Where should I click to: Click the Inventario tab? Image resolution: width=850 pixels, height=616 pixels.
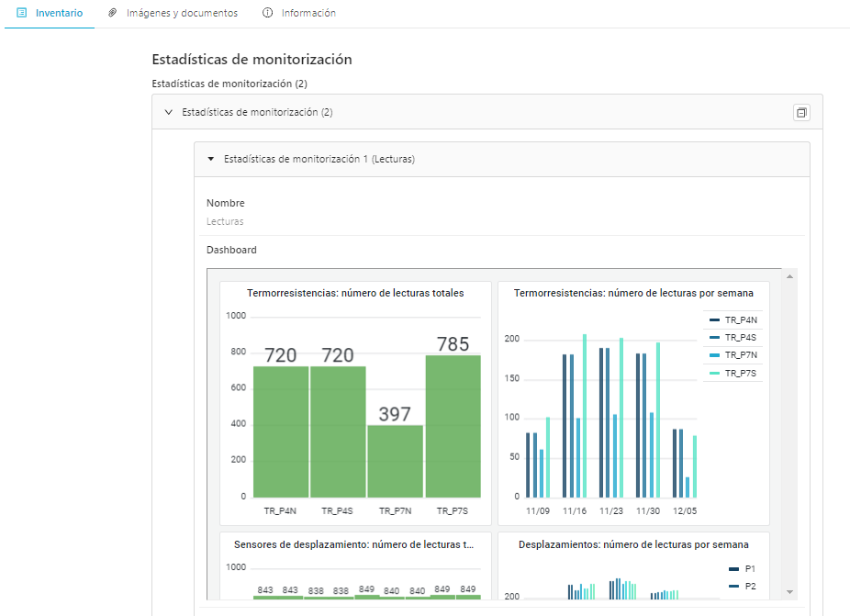click(x=50, y=13)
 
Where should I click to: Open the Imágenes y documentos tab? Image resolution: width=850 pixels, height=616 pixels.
click(x=173, y=13)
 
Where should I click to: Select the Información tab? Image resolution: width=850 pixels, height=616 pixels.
click(x=299, y=13)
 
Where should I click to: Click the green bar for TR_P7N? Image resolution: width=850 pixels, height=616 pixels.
click(x=396, y=461)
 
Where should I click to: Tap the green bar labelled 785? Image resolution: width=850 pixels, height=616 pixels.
click(x=453, y=426)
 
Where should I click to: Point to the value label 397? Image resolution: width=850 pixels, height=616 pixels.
click(x=395, y=414)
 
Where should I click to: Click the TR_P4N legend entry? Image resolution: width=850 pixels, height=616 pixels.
click(x=733, y=319)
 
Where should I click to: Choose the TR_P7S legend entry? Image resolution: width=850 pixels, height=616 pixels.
click(x=733, y=373)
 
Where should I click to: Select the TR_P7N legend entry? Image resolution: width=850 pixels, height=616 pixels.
click(x=733, y=355)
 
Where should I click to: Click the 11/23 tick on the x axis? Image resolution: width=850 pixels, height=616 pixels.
click(x=611, y=510)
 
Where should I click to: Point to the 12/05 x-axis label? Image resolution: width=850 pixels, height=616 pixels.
click(x=685, y=510)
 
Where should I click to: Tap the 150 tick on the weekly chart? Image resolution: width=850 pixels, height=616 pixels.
click(x=511, y=378)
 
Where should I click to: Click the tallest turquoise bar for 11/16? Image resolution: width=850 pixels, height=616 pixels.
click(x=585, y=416)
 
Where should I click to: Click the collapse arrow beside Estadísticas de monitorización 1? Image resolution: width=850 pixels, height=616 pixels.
click(x=211, y=159)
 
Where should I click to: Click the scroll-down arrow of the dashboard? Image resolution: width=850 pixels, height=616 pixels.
click(x=789, y=592)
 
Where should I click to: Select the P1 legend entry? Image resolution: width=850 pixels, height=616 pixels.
click(x=742, y=569)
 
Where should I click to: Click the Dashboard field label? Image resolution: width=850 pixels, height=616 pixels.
click(x=231, y=250)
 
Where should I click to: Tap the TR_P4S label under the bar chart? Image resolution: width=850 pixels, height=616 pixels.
click(x=337, y=510)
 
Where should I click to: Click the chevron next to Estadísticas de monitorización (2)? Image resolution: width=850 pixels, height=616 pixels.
click(x=169, y=112)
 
